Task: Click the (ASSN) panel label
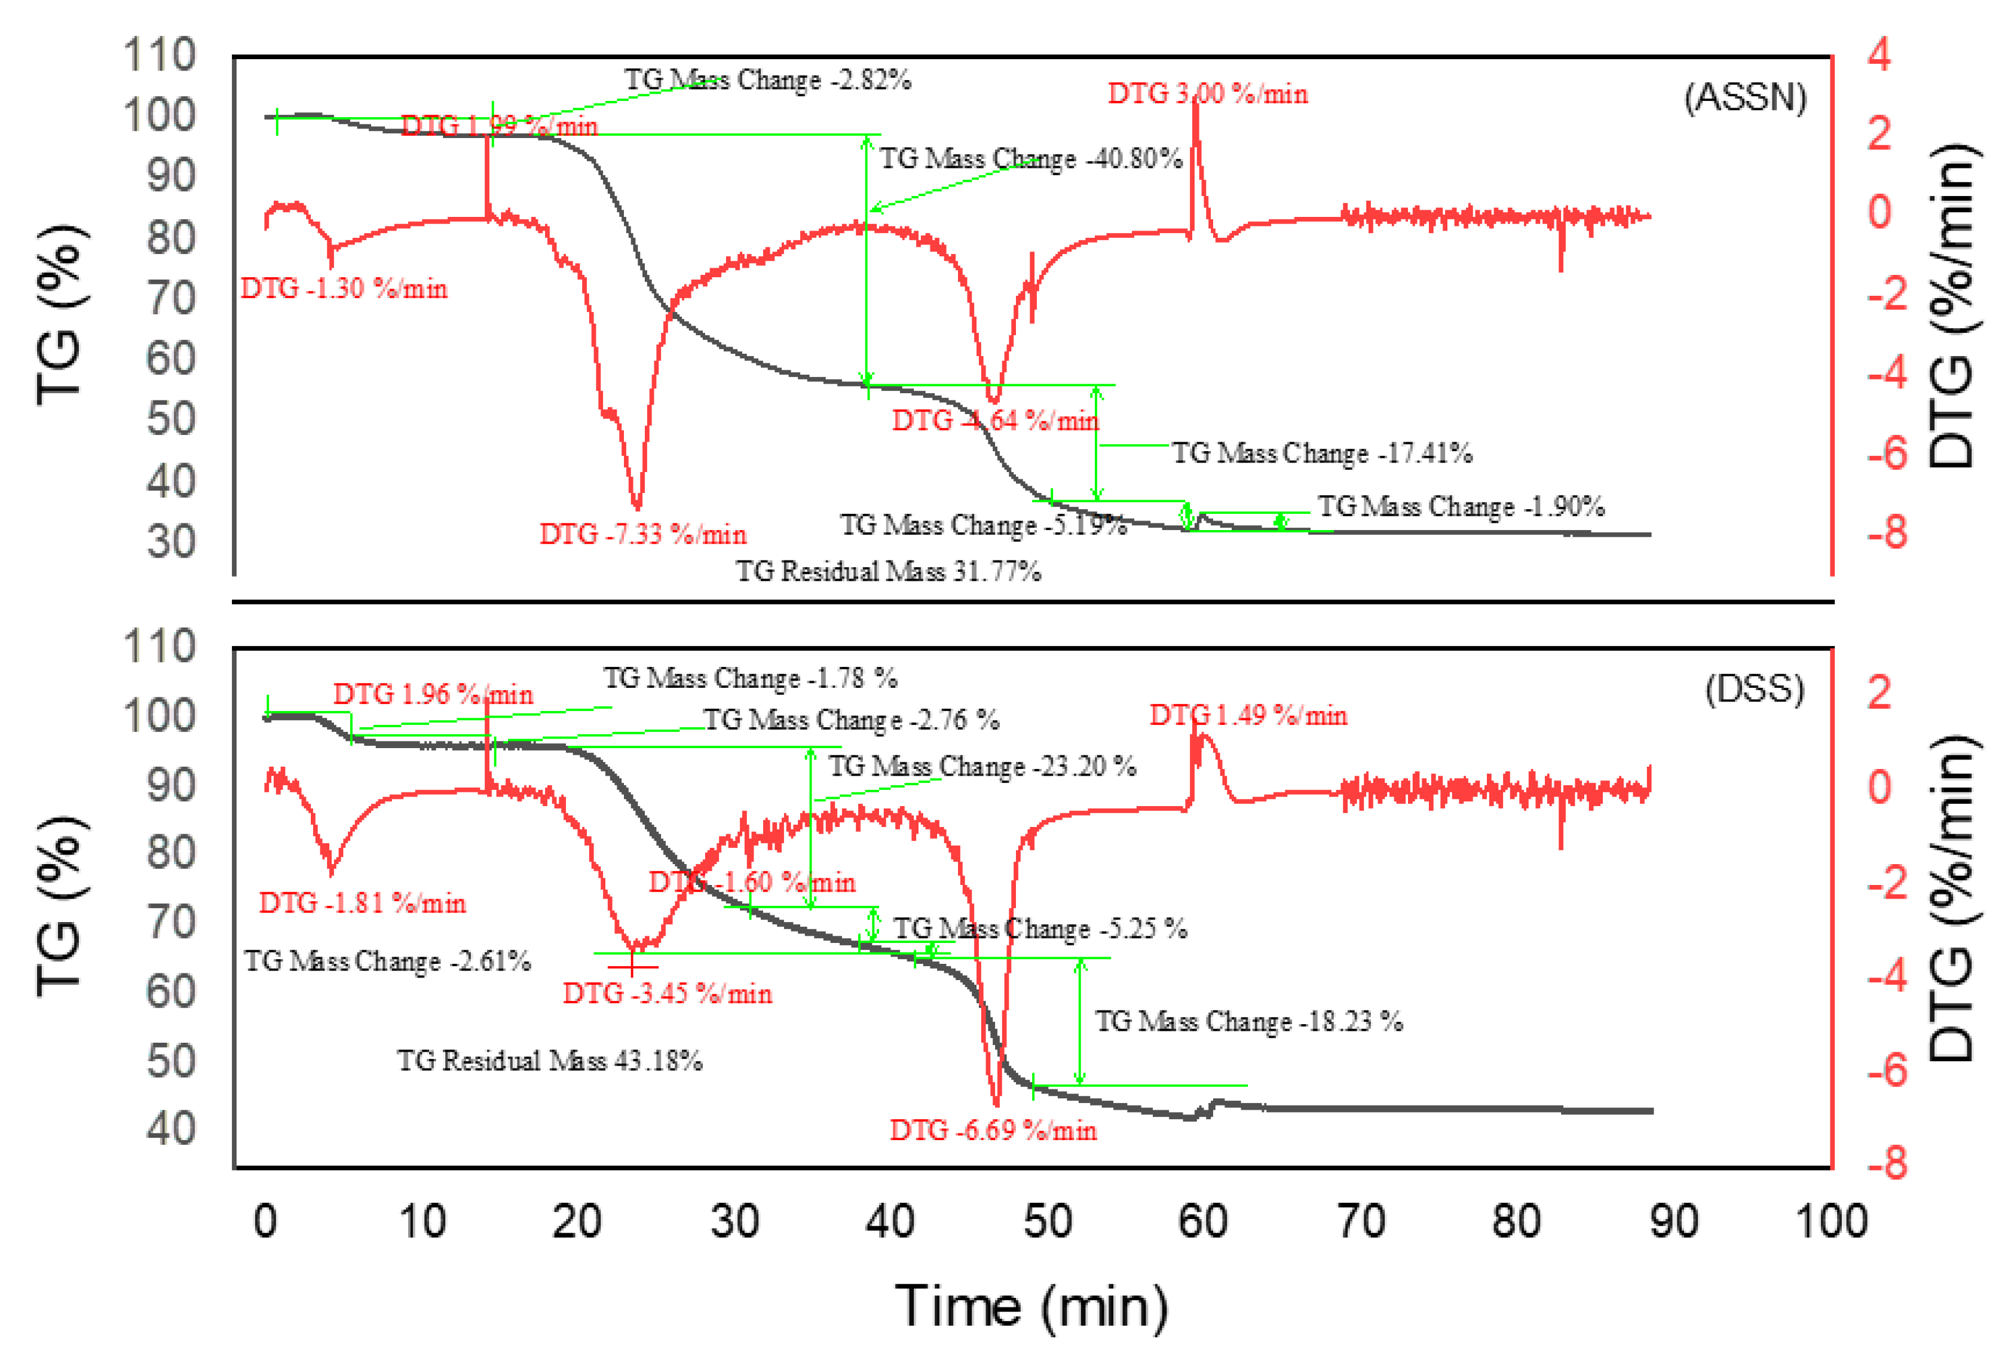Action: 1744,97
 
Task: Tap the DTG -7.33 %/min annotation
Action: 643,534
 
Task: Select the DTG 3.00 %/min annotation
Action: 1207,93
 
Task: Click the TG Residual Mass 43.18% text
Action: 550,1060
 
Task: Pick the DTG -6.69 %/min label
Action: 993,1130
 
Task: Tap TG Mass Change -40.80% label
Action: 1030,159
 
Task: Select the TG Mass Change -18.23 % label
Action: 1248,1021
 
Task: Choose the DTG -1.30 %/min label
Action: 344,288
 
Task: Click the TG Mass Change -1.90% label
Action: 1461,506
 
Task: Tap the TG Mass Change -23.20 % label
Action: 982,766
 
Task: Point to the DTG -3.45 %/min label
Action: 667,994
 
